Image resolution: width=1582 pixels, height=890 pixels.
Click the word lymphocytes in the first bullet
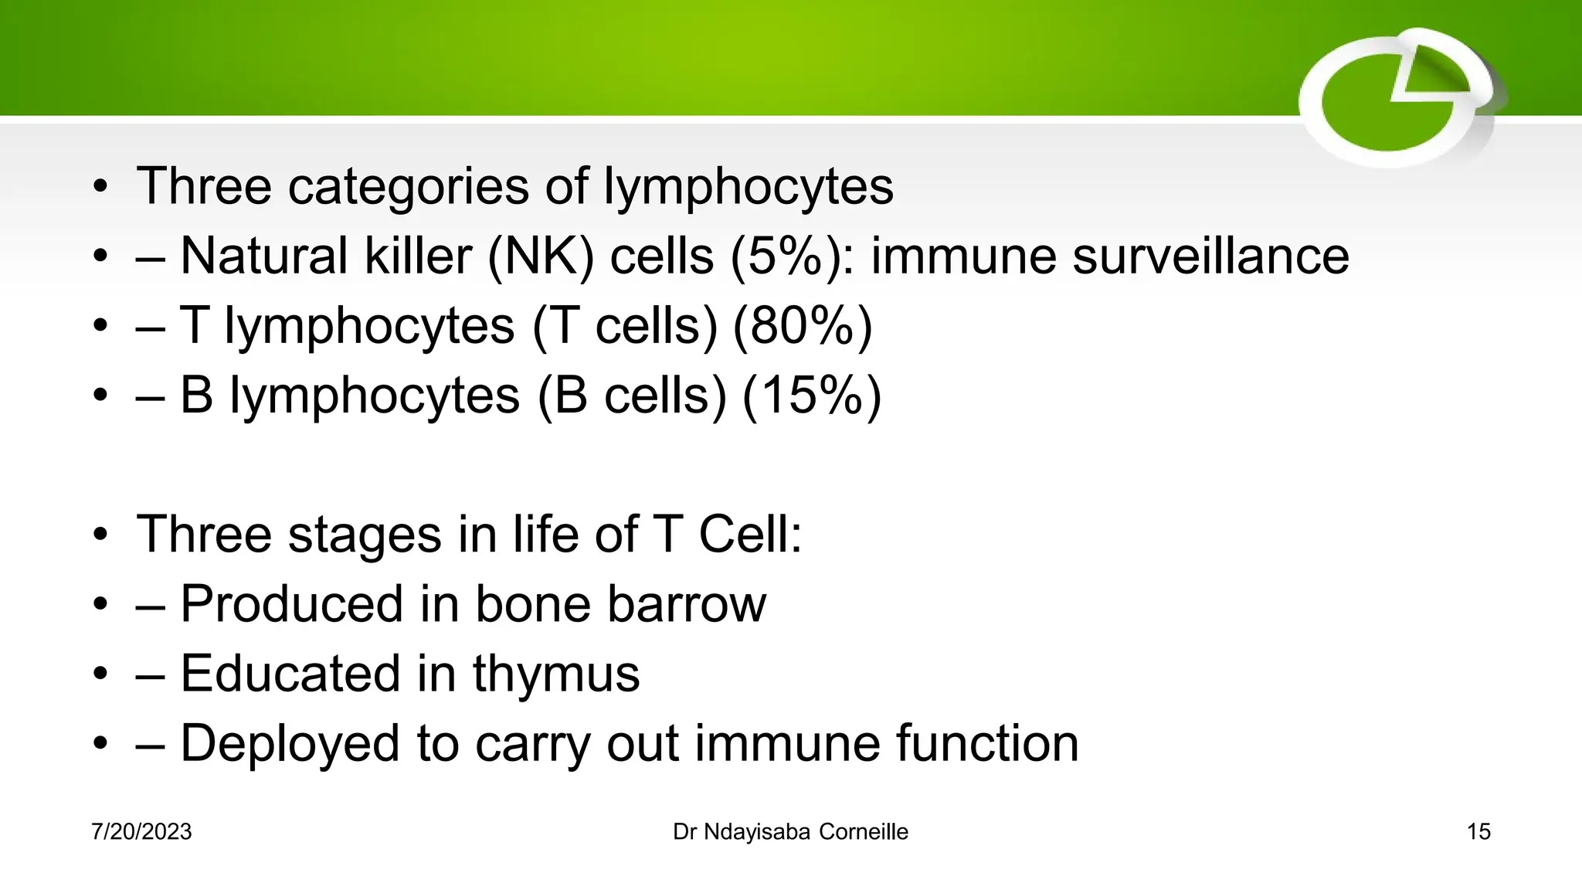point(748,187)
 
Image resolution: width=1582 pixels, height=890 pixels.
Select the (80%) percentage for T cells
point(802,326)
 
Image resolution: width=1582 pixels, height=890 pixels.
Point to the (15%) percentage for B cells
point(811,396)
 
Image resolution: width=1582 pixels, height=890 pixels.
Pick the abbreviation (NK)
point(541,256)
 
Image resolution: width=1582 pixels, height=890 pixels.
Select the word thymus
point(556,674)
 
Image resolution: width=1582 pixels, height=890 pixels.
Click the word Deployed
point(290,743)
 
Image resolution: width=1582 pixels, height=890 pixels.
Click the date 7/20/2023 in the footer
point(141,832)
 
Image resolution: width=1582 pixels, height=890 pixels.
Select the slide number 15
point(1478,832)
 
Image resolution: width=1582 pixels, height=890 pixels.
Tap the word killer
point(417,256)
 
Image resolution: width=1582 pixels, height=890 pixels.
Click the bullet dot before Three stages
point(100,535)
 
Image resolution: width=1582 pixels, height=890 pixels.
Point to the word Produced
point(292,604)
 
